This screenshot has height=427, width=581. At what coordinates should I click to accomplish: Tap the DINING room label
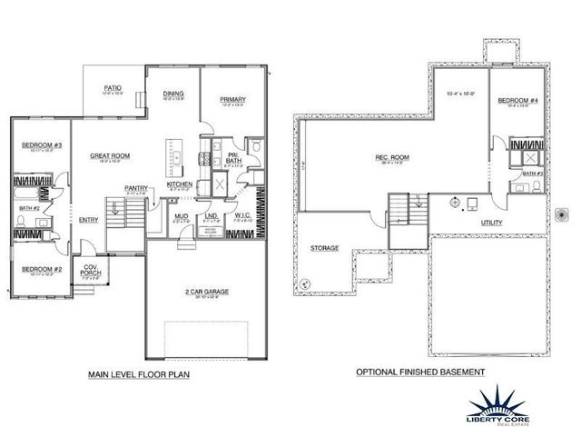(174, 94)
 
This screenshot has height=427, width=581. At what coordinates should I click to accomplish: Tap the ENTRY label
(88, 219)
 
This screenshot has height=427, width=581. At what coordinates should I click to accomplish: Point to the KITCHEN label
(179, 184)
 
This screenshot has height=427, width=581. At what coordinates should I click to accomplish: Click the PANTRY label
(136, 188)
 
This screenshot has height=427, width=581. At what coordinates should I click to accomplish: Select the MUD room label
(182, 215)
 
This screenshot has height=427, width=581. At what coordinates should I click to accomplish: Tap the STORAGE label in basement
(324, 247)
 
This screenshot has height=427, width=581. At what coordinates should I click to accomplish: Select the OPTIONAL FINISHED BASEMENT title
(420, 372)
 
